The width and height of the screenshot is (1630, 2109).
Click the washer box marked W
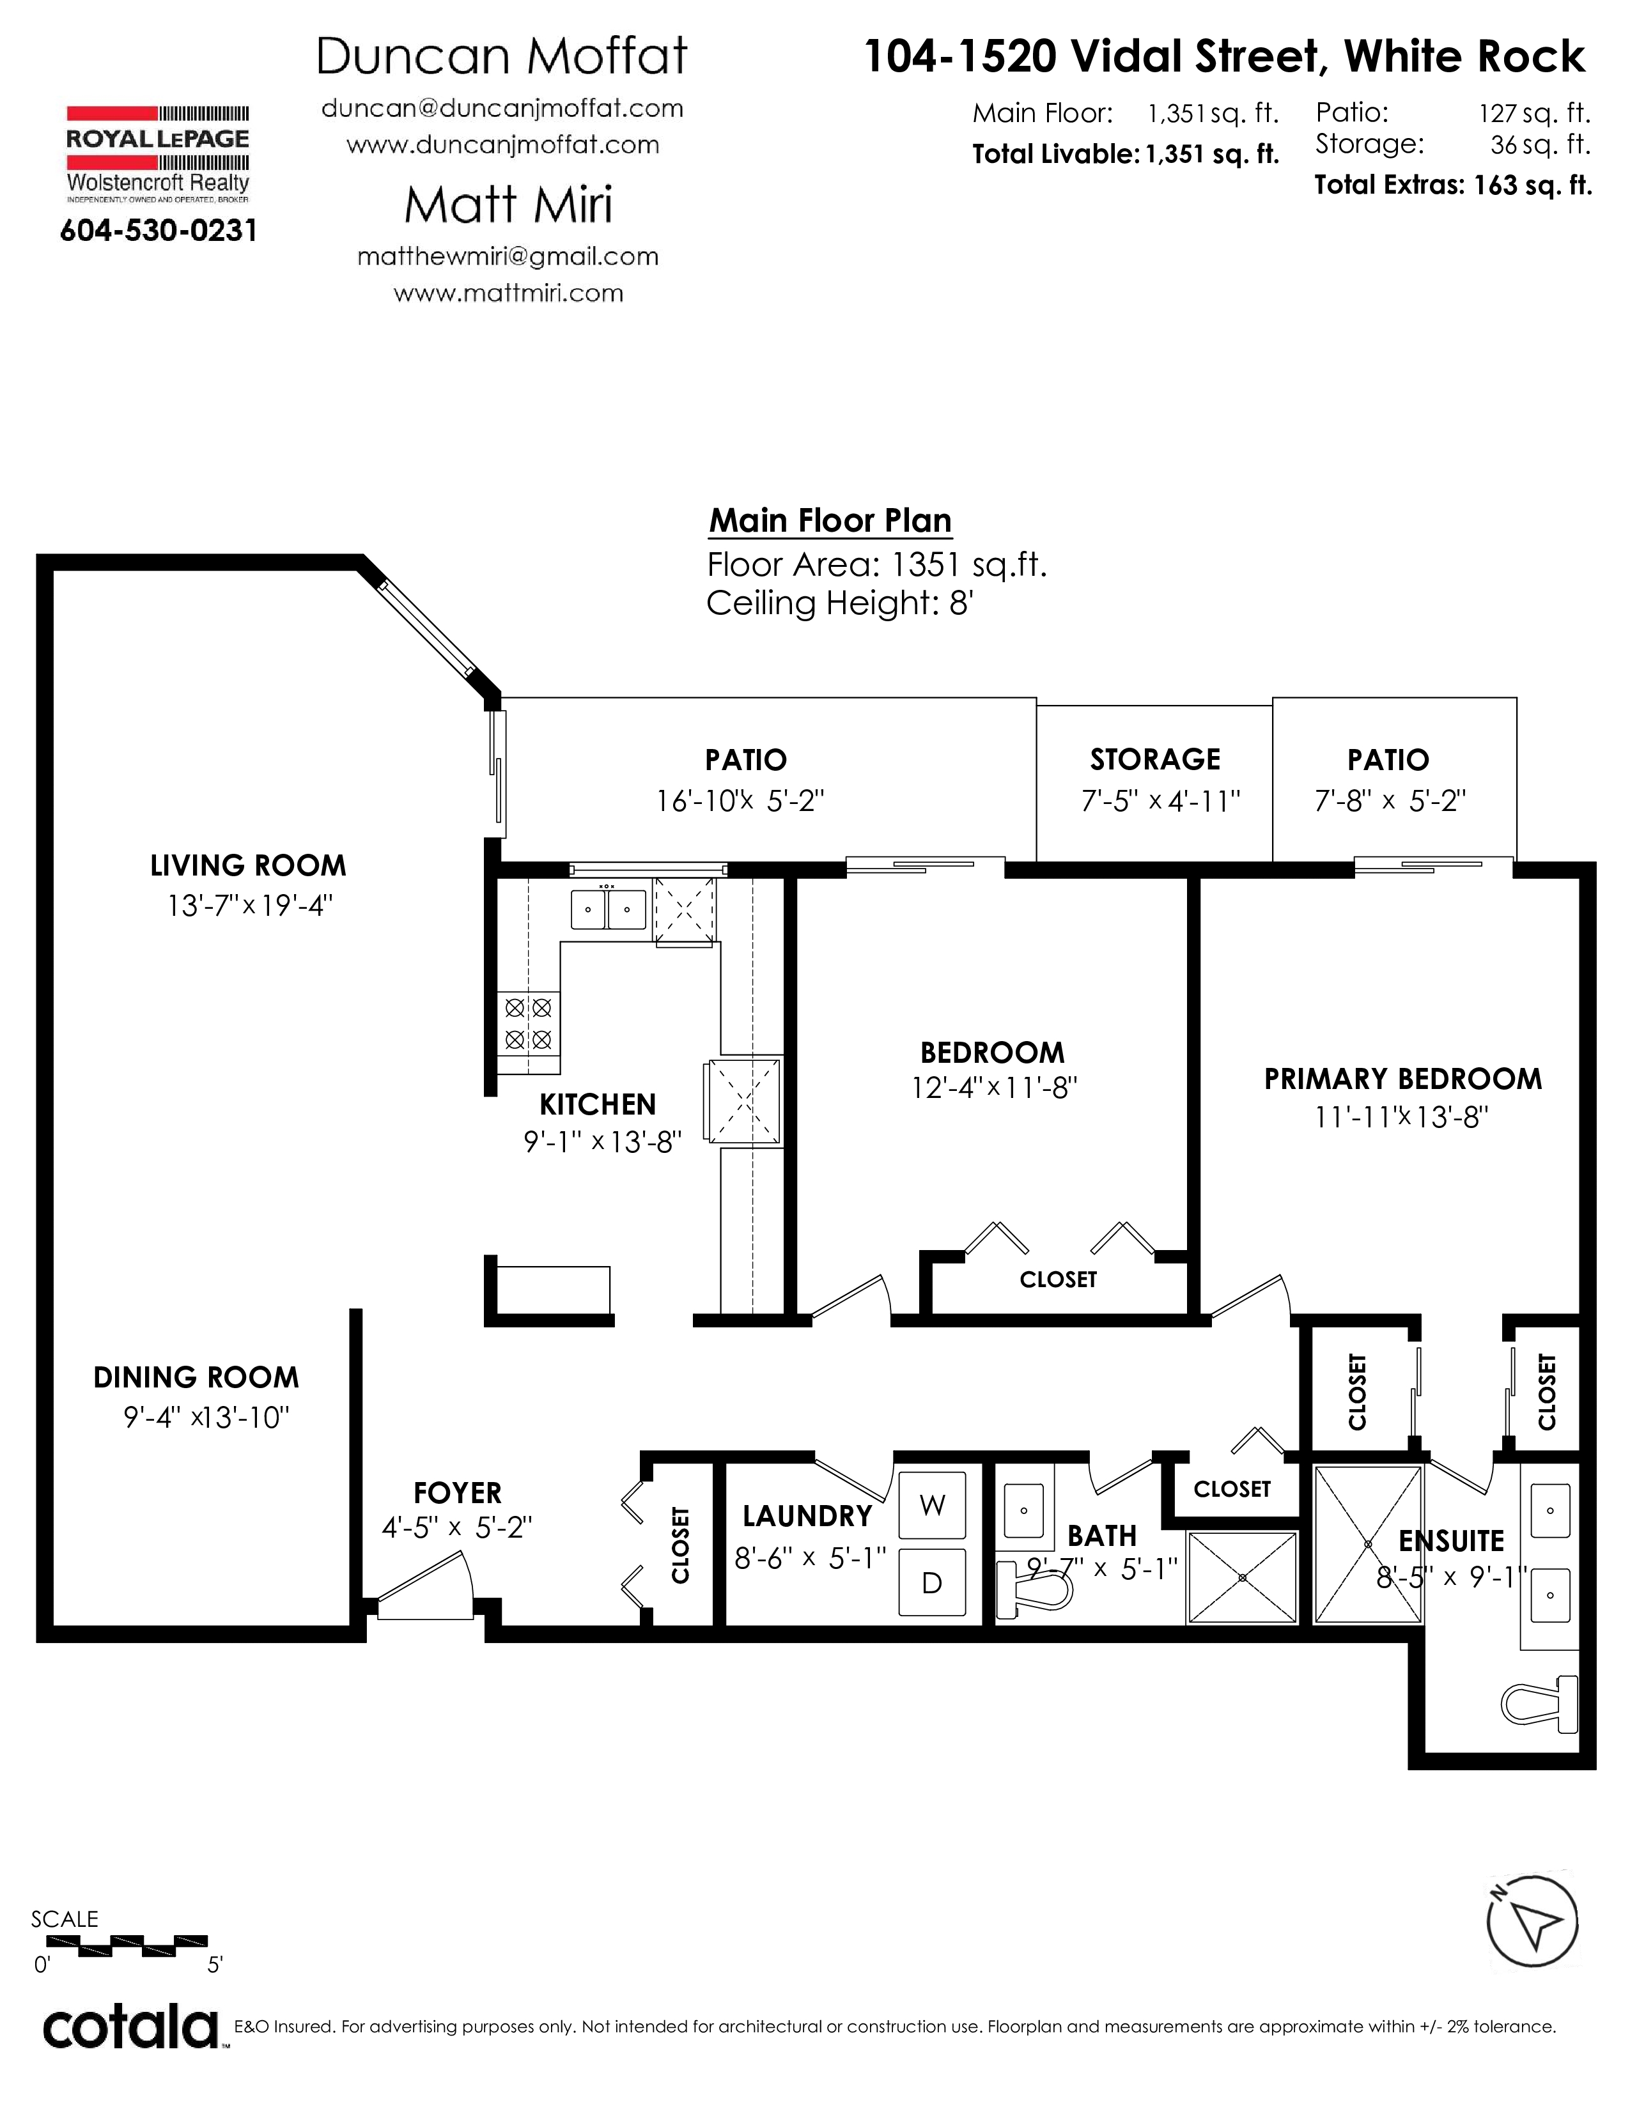(932, 1504)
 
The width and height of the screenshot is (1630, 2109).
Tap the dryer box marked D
(932, 1582)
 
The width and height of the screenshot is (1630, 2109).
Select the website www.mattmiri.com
(508, 293)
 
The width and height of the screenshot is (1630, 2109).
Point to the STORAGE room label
(1155, 760)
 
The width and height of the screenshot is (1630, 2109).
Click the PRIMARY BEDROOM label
(1403, 1079)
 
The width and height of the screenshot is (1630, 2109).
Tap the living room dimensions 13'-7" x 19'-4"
(250, 906)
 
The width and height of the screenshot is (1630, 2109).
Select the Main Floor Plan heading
(830, 520)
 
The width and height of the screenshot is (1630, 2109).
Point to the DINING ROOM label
(196, 1377)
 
